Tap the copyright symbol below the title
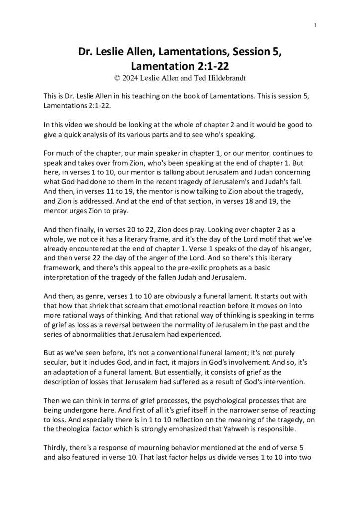click(117, 78)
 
